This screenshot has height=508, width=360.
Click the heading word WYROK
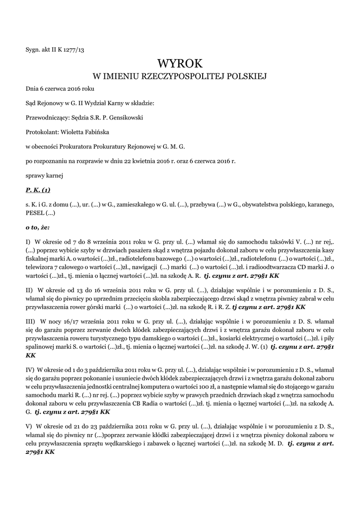pos(180,63)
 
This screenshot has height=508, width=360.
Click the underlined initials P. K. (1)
pos(38,190)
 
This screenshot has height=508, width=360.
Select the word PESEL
pos(35,213)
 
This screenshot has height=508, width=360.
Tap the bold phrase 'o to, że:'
pos(38,227)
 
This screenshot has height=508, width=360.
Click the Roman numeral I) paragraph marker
pos(28,242)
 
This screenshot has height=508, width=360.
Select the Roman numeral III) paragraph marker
pos(30,321)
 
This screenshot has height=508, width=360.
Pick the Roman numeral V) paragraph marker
pos(29,427)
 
